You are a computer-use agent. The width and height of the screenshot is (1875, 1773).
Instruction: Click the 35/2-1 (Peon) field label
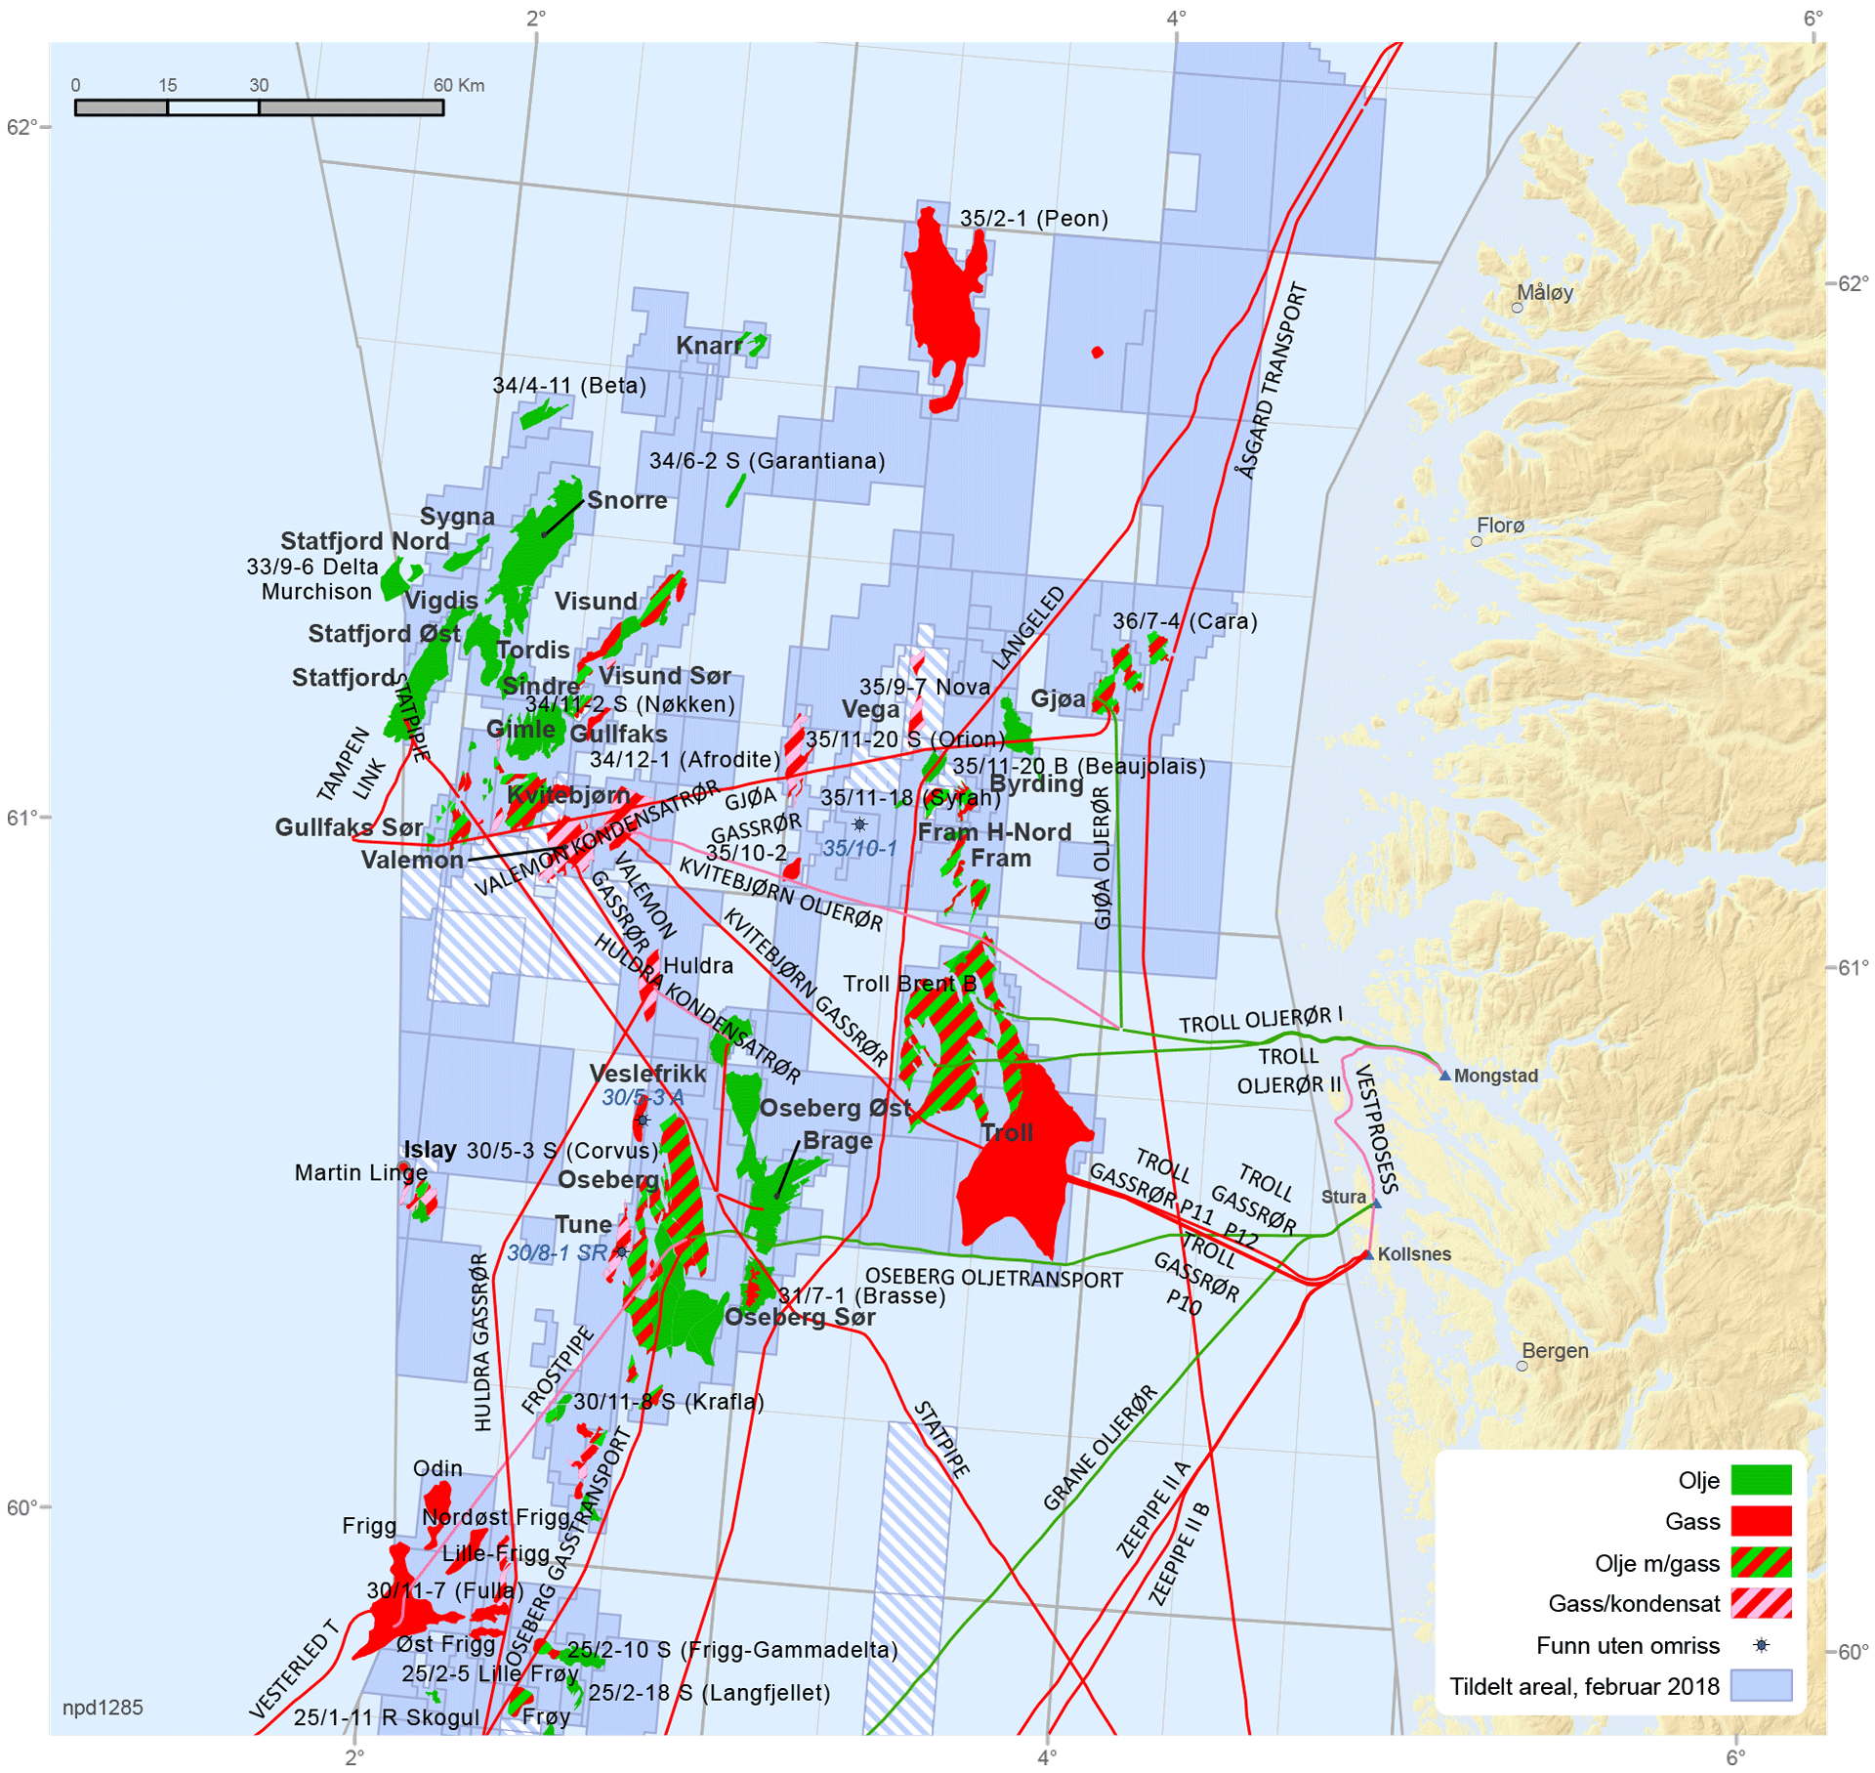[1033, 218]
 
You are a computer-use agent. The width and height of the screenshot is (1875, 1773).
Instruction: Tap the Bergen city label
[1554, 1350]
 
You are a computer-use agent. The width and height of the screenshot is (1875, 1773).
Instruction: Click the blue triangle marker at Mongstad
[1444, 1075]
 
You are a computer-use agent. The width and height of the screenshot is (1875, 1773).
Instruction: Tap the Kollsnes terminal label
[1413, 1254]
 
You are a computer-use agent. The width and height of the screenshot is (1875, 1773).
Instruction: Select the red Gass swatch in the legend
[1760, 1521]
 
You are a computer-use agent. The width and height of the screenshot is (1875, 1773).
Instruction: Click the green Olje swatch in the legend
[1760, 1480]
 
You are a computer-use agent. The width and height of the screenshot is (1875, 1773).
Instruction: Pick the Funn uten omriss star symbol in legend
[1761, 1645]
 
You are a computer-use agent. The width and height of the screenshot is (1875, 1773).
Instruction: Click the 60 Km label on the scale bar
[458, 85]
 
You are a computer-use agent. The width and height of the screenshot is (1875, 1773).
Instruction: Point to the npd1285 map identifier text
[103, 1708]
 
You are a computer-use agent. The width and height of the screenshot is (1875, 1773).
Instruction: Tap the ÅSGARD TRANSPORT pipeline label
[1271, 381]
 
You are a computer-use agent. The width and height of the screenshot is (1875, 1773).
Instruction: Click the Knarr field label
[708, 346]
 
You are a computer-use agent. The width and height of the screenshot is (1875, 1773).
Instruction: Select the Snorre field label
[626, 500]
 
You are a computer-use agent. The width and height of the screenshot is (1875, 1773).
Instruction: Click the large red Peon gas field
[943, 303]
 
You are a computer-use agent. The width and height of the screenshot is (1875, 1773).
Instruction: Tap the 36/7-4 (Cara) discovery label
[1184, 621]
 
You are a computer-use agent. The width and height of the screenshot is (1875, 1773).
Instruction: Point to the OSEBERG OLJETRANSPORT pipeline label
[993, 1278]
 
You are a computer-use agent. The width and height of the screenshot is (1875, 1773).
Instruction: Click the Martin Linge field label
[360, 1172]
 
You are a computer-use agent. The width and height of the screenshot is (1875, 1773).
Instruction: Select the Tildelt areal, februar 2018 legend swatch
[1760, 1686]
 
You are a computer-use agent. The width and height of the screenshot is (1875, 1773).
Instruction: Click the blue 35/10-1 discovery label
[858, 848]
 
